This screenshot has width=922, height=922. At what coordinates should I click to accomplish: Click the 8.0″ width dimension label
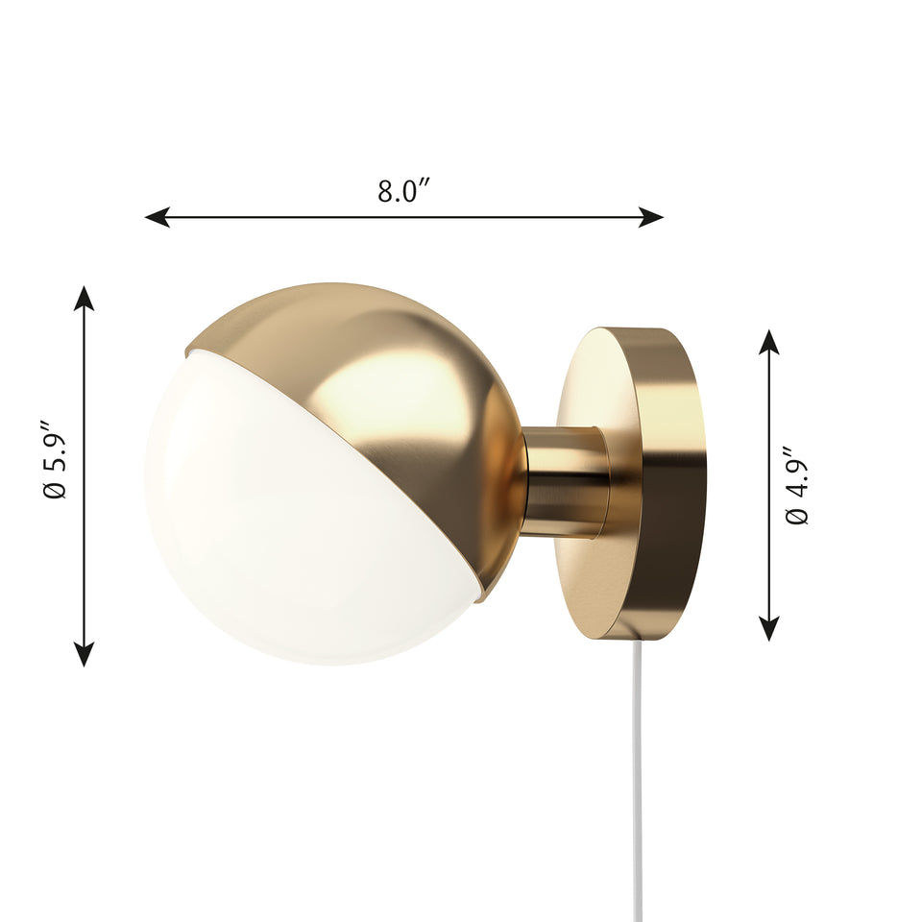coord(404,190)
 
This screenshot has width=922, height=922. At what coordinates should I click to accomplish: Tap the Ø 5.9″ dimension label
coord(55,459)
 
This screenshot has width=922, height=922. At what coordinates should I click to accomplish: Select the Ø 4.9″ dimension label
coord(797,485)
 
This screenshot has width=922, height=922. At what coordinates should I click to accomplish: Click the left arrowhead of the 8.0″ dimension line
coord(157,217)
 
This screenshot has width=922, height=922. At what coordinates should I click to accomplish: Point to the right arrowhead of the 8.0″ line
coord(651,217)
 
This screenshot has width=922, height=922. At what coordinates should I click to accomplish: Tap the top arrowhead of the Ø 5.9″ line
coord(85,298)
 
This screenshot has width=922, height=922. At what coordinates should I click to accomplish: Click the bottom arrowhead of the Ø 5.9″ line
coord(85,654)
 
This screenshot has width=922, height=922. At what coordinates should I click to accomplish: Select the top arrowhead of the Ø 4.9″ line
coord(769,342)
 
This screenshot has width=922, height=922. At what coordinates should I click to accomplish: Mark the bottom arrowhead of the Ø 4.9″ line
coord(769,628)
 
